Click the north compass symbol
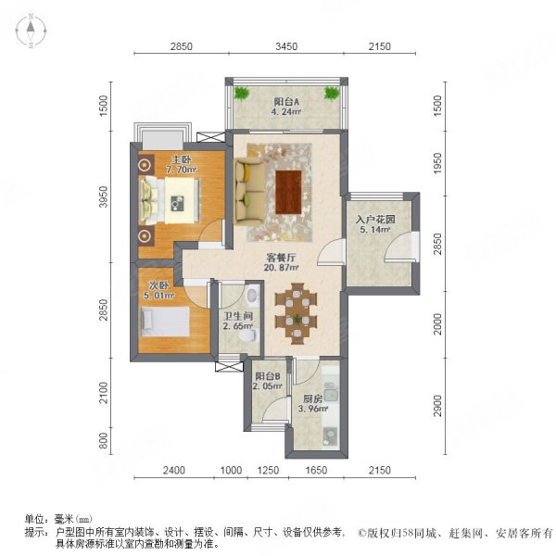point(31,32)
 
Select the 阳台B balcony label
point(268,382)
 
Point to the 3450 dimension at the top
point(285,46)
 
